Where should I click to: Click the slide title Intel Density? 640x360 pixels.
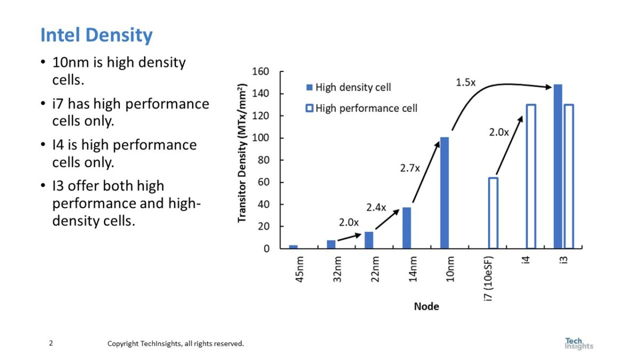click(x=97, y=36)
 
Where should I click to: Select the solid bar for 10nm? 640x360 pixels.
click(x=444, y=193)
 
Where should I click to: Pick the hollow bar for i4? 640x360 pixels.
click(x=531, y=177)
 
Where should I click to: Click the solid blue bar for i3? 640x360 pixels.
click(x=558, y=166)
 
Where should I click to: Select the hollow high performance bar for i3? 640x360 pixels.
click(x=569, y=177)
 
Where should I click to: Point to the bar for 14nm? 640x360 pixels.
click(x=406, y=228)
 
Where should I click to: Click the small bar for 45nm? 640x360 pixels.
click(x=293, y=246)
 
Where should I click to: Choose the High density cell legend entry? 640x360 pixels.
click(x=348, y=87)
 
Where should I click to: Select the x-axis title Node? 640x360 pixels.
click(x=427, y=307)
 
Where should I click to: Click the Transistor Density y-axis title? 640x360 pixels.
click(x=243, y=155)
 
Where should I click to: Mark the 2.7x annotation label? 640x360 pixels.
click(x=410, y=169)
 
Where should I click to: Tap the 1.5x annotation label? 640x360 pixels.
click(x=466, y=83)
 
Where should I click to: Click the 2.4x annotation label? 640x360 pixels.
click(x=376, y=207)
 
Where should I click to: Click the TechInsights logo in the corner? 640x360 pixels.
click(x=578, y=343)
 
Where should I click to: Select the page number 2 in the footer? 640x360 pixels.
click(x=51, y=343)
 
